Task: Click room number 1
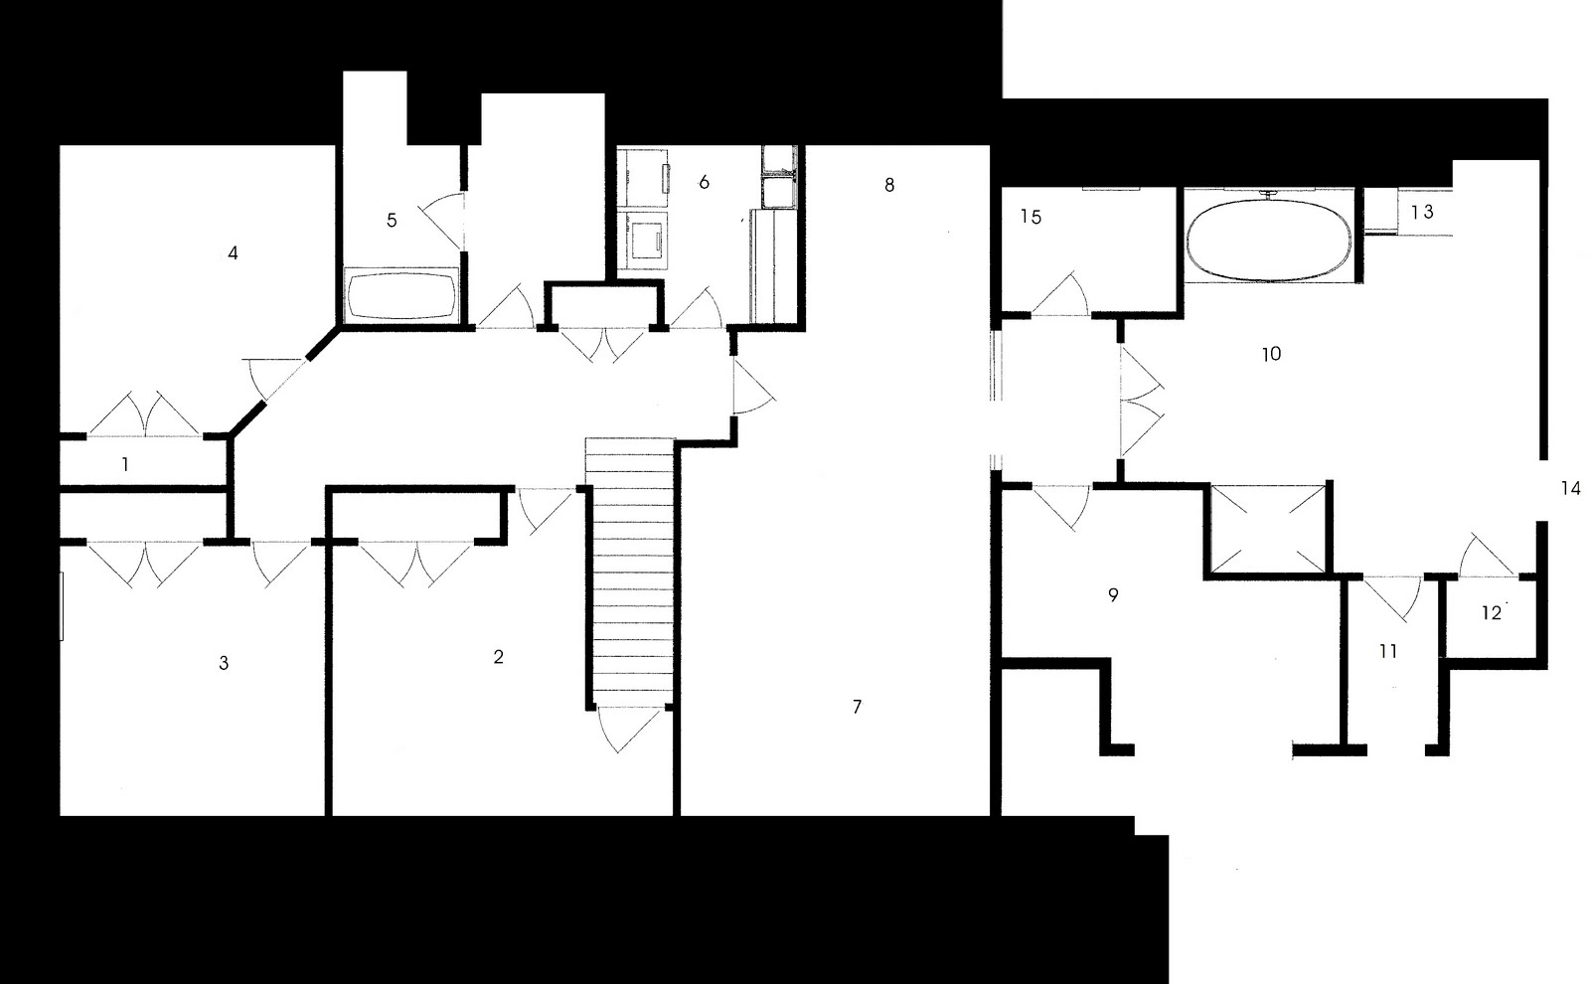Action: [x=125, y=464]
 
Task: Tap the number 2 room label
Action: [x=498, y=657]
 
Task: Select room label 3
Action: [x=224, y=663]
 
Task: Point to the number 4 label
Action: [x=233, y=253]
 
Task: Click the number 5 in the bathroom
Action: [x=392, y=221]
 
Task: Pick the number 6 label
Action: [x=704, y=182]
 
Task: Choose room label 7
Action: [x=857, y=707]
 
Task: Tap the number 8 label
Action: [x=889, y=185]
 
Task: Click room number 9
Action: [x=1113, y=595]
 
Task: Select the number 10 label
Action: [x=1271, y=354]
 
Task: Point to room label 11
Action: [x=1388, y=652]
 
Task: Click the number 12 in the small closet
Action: [x=1492, y=613]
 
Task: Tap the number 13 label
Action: [x=1423, y=212]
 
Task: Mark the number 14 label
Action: [x=1570, y=489]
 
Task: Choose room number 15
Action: [x=1031, y=217]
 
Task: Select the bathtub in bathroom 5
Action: [x=401, y=295]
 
